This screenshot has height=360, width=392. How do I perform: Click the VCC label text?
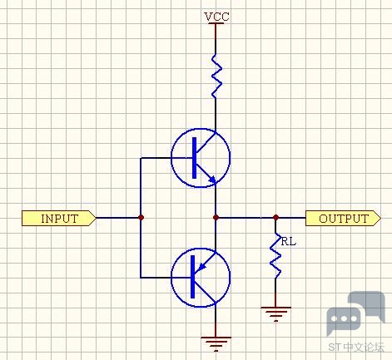pyautogui.click(x=216, y=17)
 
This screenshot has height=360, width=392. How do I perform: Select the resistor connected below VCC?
pyautogui.click(x=216, y=76)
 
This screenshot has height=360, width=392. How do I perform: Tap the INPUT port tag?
pyautogui.click(x=59, y=218)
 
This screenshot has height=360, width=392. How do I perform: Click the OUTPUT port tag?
pyautogui.click(x=343, y=218)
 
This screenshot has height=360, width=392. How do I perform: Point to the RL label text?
pyautogui.click(x=289, y=242)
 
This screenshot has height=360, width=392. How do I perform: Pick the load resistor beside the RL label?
pyautogui.click(x=275, y=255)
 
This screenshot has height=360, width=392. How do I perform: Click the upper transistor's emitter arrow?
pyautogui.click(x=212, y=180)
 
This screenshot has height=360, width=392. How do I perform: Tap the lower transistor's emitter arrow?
pyautogui.click(x=203, y=266)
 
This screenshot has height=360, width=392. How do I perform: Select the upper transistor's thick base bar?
pyautogui.click(x=194, y=158)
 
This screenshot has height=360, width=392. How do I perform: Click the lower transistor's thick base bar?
pyautogui.click(x=193, y=277)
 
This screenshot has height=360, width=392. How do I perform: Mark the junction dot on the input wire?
pyautogui.click(x=141, y=218)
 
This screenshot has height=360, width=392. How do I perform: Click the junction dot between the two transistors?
pyautogui.click(x=216, y=218)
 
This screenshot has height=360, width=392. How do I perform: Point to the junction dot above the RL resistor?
pyautogui.click(x=275, y=218)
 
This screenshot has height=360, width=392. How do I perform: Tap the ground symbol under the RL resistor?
pyautogui.click(x=275, y=314)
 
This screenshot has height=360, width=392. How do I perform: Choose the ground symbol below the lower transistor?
pyautogui.click(x=216, y=344)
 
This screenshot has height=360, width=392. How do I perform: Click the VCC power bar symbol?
pyautogui.click(x=216, y=23)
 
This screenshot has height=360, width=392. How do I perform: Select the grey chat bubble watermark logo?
pyautogui.click(x=356, y=313)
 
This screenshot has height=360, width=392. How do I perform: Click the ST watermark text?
pyautogui.click(x=335, y=347)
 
